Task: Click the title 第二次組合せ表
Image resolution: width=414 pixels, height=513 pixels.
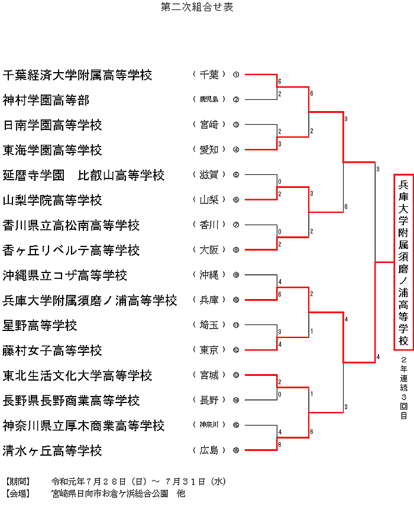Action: click(x=197, y=7)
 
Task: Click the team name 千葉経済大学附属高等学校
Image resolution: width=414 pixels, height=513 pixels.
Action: click(x=77, y=75)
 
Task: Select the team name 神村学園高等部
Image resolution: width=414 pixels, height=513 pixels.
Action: click(x=46, y=100)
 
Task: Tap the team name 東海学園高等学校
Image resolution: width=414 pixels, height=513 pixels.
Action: click(x=52, y=150)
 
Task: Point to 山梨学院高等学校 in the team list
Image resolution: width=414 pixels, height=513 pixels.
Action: click(x=52, y=200)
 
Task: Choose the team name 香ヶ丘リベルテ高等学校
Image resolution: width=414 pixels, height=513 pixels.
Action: click(x=71, y=251)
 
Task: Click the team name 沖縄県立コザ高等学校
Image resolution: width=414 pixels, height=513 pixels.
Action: click(x=65, y=275)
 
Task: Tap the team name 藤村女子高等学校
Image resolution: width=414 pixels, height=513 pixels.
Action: click(x=52, y=350)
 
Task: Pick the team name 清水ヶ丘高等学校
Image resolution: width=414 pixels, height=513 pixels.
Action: click(x=52, y=451)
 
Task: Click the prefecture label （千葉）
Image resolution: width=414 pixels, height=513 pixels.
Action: click(x=209, y=74)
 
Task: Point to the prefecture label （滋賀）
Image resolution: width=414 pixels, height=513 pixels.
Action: click(x=209, y=175)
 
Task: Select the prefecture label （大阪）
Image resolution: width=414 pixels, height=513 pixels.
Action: click(x=209, y=250)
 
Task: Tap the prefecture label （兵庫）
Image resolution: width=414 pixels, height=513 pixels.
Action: click(x=209, y=300)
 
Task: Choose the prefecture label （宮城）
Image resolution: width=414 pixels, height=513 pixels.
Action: click(x=209, y=375)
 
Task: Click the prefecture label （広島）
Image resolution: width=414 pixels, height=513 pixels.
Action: click(x=209, y=450)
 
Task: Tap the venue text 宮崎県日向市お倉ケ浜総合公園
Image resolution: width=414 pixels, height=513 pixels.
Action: click(x=110, y=493)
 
